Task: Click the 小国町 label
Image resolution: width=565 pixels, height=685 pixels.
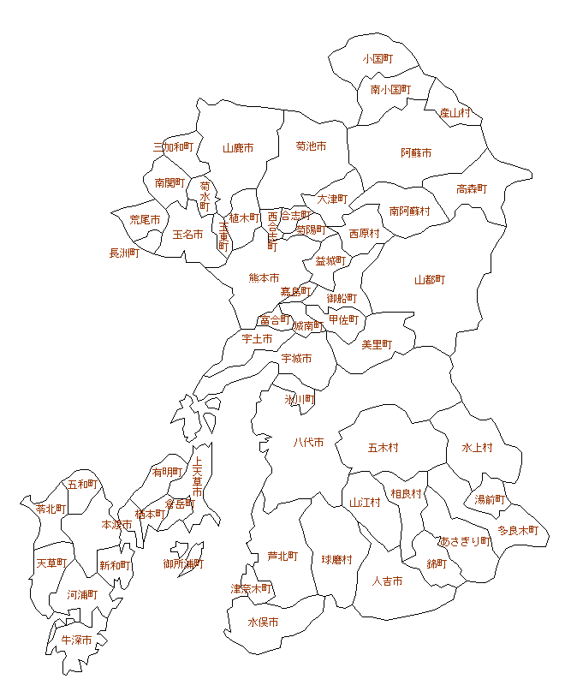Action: pos(377,59)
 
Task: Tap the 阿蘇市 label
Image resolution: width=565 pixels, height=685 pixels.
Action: pos(416,153)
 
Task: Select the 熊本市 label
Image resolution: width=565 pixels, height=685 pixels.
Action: pos(264,277)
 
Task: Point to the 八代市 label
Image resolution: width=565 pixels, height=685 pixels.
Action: pos(308,443)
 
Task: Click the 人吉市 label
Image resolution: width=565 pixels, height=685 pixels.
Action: pos(387,581)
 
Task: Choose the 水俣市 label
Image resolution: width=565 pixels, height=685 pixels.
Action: pos(263,622)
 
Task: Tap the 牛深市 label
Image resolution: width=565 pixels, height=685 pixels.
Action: pos(76,640)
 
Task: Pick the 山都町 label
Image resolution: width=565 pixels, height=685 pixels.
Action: pos(430,280)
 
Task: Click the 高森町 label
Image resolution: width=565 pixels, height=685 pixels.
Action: pos(471,189)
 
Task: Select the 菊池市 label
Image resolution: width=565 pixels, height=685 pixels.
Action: pos(311,146)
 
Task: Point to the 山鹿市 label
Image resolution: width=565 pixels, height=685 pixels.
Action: pos(238,148)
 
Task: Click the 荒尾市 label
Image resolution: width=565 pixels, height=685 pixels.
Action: pos(145,220)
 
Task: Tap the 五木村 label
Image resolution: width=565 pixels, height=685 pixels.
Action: pos(383,448)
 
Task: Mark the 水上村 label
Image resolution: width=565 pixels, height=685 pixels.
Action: pos(477,448)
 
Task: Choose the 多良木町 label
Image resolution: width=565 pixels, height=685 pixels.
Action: pos(518,530)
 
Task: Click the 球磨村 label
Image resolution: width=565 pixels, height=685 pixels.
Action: pos(337,559)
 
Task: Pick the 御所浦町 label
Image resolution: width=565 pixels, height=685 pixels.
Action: pos(183,563)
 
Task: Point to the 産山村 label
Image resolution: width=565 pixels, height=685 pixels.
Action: pos(455,113)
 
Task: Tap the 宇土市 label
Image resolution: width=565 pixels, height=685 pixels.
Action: pos(257,339)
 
